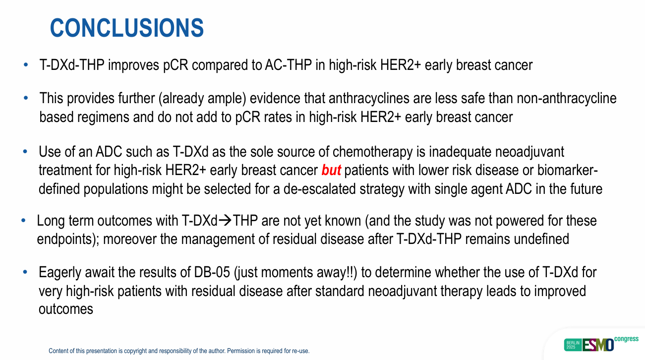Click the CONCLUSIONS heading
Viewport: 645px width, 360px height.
[127, 28]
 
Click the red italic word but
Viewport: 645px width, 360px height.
[331, 170]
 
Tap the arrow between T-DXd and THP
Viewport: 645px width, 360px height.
[225, 221]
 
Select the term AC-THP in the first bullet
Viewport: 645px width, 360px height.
[288, 65]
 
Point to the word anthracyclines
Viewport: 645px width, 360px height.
[369, 98]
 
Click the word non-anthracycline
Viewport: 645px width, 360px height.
[567, 98]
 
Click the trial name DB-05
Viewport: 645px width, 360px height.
[212, 272]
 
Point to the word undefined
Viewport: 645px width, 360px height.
[541, 239]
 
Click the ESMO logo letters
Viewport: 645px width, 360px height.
[598, 345]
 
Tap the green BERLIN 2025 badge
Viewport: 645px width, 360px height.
[573, 345]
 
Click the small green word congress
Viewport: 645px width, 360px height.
[626, 339]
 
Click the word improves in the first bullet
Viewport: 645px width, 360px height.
[133, 65]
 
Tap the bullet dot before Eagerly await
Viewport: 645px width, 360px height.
[25, 272]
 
